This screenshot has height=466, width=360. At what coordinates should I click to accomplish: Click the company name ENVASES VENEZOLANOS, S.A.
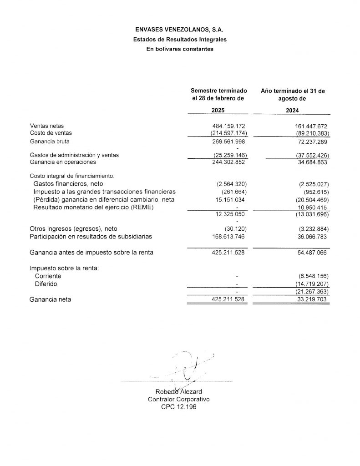pos(180,30)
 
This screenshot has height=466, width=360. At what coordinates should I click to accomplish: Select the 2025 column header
pos(218,110)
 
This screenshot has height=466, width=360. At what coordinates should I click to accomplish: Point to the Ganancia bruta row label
pos(50,142)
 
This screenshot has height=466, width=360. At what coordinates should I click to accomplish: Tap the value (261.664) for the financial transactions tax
pos(231,192)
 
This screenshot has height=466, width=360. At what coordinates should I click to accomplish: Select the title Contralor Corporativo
pos(179,399)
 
